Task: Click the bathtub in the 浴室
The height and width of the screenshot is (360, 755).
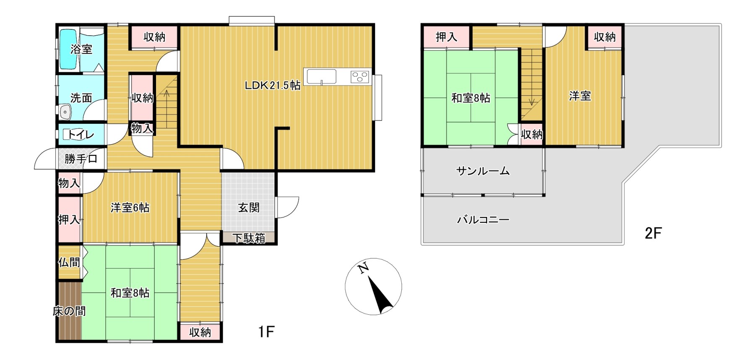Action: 69,49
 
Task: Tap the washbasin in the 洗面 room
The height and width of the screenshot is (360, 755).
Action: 65,112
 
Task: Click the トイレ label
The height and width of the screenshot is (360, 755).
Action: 81,134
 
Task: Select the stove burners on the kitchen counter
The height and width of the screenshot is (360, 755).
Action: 359,76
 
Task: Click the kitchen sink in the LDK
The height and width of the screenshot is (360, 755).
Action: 322,76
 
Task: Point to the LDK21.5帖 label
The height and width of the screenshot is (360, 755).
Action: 273,85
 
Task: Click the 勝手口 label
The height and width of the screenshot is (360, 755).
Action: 81,159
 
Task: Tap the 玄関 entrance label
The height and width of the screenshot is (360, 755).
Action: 249,207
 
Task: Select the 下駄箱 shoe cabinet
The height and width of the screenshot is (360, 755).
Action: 249,238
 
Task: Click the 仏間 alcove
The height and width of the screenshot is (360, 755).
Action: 69,262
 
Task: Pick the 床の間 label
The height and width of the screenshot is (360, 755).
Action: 69,311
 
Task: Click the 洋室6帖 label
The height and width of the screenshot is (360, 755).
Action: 130,207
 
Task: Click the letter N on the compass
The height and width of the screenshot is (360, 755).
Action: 364,267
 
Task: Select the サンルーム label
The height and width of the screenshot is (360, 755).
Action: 483,171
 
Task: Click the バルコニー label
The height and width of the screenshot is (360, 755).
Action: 483,219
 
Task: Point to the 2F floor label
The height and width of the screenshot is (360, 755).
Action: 653,233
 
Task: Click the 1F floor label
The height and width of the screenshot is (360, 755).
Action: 266,332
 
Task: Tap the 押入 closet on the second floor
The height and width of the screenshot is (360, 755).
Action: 446,37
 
